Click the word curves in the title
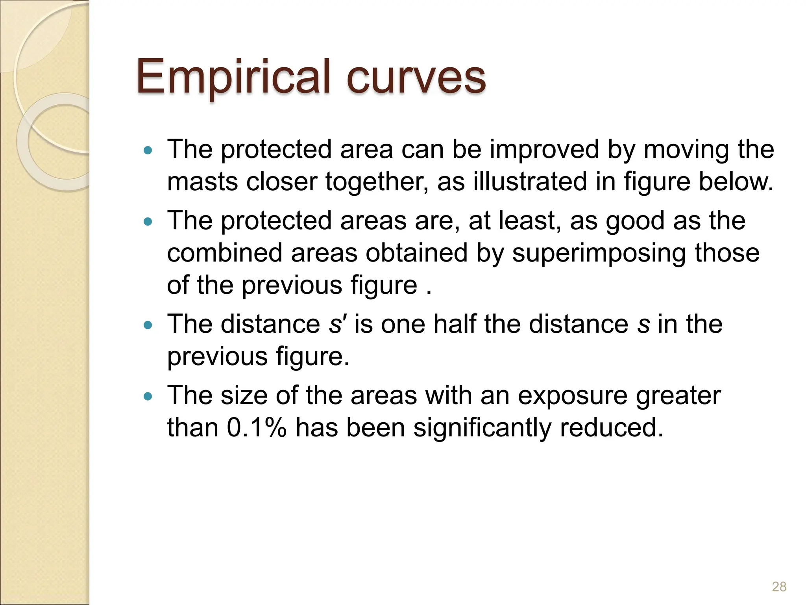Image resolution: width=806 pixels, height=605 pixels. pos(416,77)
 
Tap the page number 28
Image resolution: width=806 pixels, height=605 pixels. pos(779,586)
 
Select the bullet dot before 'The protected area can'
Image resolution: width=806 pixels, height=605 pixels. pos(148,150)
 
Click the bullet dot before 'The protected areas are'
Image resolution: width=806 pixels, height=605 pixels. pos(148,221)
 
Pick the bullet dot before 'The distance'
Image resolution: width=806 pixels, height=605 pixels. pos(148,325)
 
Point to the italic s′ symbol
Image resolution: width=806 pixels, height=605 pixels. pos(336,325)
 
